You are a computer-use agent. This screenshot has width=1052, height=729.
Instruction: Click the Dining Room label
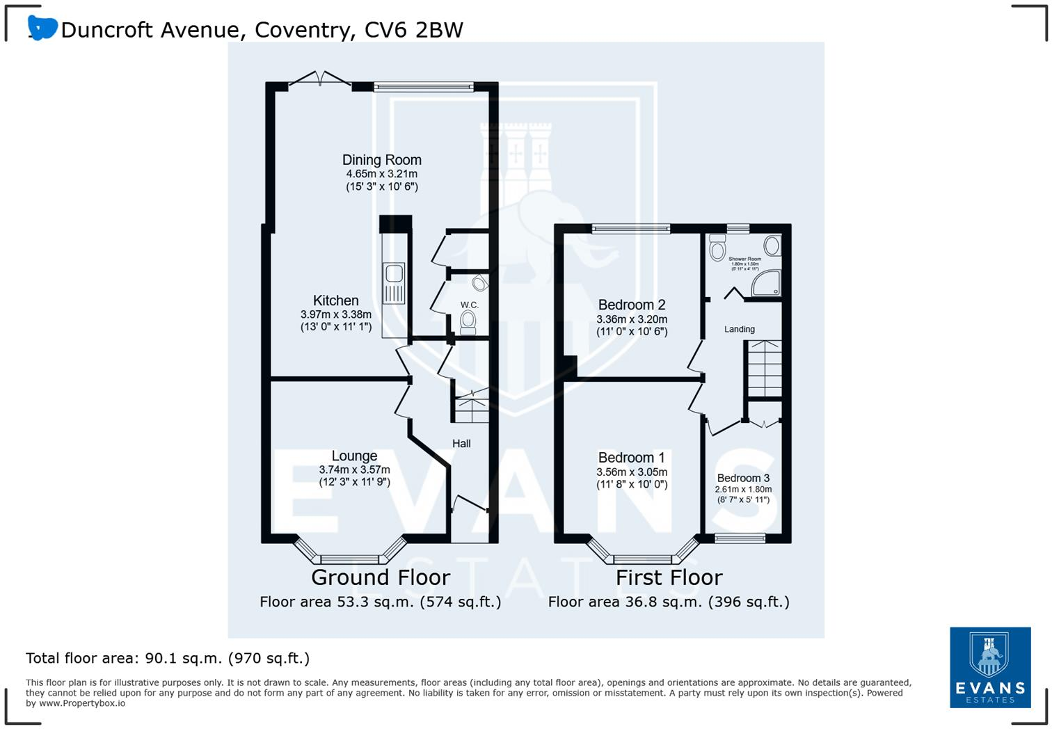tap(381, 160)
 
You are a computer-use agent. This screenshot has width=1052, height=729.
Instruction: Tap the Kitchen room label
tap(335, 301)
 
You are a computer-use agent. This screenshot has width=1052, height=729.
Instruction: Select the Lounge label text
tap(354, 456)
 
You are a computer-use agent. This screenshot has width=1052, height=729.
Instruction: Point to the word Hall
tap(461, 444)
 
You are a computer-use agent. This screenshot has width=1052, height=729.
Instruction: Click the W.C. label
tap(469, 305)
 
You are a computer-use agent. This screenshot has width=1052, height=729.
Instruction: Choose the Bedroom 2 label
tap(632, 305)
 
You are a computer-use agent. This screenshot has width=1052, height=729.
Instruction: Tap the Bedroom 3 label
tap(743, 478)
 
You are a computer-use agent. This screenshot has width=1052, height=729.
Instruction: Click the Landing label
tap(739, 329)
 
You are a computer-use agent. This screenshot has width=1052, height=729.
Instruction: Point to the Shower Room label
tap(744, 259)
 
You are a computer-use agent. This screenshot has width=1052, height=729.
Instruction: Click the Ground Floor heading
tap(381, 577)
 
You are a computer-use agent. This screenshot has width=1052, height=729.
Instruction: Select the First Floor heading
tap(669, 577)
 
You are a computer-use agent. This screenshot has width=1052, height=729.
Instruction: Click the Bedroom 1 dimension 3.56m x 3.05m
tap(632, 472)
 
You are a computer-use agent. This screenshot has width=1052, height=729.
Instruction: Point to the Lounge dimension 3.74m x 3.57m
tap(354, 470)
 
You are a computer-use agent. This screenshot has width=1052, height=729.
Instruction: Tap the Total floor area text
tap(168, 658)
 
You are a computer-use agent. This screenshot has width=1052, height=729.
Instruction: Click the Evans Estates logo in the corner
tap(990, 667)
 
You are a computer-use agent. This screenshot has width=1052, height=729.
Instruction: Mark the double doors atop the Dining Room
tap(320, 79)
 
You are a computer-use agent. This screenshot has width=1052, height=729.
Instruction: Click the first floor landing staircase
tap(764, 369)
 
